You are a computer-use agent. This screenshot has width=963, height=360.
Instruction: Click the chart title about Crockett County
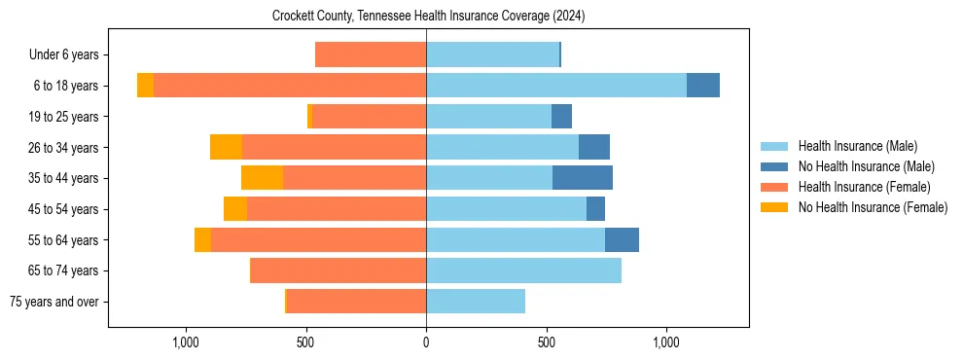[428, 17]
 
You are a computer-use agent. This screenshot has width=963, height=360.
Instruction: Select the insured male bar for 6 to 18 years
[556, 86]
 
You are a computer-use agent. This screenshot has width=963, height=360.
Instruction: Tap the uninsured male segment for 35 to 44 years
[583, 178]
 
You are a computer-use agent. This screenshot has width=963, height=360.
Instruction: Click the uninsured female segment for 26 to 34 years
[226, 147]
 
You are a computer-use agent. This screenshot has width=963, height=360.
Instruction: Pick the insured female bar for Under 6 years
[371, 54]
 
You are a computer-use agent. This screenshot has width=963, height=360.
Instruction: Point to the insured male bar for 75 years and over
[476, 302]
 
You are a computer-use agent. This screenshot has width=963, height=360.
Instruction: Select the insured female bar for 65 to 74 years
[339, 270]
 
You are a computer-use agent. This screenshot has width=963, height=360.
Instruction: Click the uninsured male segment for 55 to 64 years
[622, 239]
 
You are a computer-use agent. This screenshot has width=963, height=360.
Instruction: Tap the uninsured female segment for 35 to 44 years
[262, 178]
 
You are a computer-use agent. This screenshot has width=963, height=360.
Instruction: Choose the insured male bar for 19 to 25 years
[488, 117]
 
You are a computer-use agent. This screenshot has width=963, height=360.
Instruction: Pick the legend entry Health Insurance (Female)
[864, 187]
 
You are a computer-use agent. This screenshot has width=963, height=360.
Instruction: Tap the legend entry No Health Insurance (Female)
[873, 207]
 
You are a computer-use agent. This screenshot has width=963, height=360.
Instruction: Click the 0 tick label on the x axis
[426, 342]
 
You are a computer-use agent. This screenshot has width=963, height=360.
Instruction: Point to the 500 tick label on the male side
[547, 342]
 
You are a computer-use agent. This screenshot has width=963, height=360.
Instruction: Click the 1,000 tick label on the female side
[185, 342]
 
